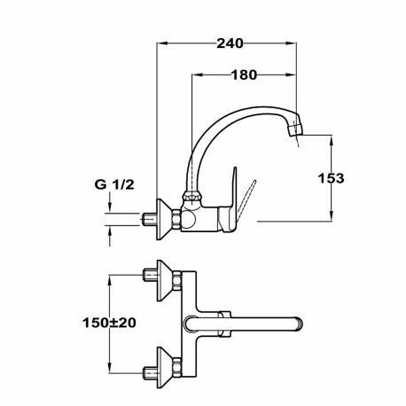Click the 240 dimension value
click(x=230, y=43)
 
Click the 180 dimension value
click(x=244, y=75)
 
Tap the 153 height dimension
click(x=331, y=178)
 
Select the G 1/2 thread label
click(x=114, y=184)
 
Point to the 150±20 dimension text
click(x=109, y=323)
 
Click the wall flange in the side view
click(x=164, y=219)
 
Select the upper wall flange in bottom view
click(x=165, y=280)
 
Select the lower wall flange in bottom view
click(x=165, y=367)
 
